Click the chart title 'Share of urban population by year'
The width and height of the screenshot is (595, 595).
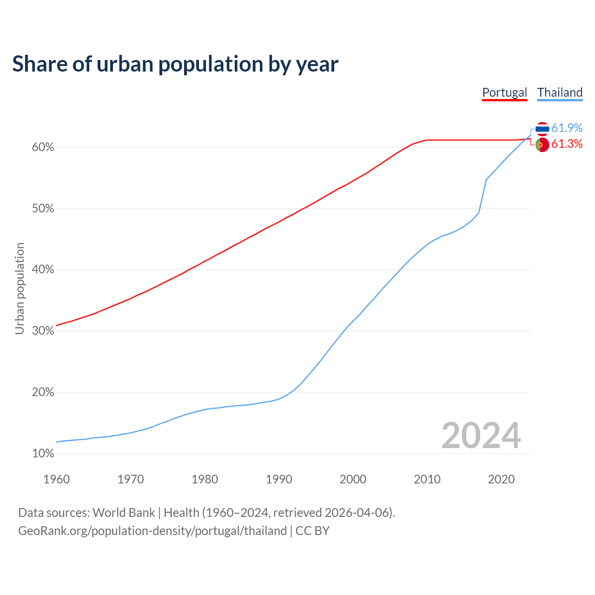coord(175,64)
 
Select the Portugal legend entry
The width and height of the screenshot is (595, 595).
coord(504,93)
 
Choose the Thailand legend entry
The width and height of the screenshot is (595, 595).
coord(560,93)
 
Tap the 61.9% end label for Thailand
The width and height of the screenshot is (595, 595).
coord(567,128)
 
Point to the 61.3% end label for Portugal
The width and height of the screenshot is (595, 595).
coord(567,144)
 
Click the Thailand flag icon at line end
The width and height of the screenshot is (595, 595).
coord(542,129)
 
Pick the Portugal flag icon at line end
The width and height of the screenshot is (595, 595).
coord(542,145)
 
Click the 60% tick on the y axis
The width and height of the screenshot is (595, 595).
coord(43,147)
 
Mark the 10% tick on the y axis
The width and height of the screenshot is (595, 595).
coord(43,453)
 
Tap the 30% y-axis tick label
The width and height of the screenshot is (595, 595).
coord(43,331)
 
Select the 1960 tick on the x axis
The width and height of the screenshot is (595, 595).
coord(56,479)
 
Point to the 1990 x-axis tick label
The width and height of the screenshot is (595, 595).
coord(279,479)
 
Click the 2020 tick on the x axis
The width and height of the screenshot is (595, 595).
coord(501,479)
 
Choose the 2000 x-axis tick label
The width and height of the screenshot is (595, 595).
coord(353,479)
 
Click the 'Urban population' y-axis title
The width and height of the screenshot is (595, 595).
coord(20,288)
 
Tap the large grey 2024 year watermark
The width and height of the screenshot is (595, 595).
coord(481,436)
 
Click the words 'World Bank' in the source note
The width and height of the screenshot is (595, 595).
coord(124,513)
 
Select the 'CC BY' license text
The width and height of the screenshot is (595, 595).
coord(312,531)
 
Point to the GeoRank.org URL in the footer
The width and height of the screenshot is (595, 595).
coord(152,531)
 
